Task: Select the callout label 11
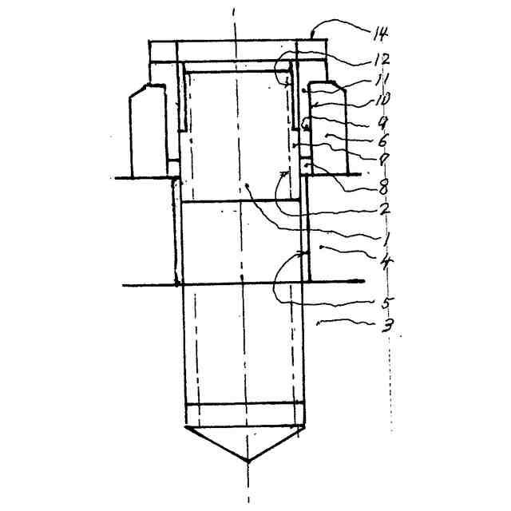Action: tap(380, 79)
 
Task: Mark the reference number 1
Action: tap(385, 239)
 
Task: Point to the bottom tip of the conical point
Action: tap(248, 461)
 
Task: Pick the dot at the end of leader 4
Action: tap(322, 249)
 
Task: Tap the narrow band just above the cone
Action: tap(246, 415)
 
